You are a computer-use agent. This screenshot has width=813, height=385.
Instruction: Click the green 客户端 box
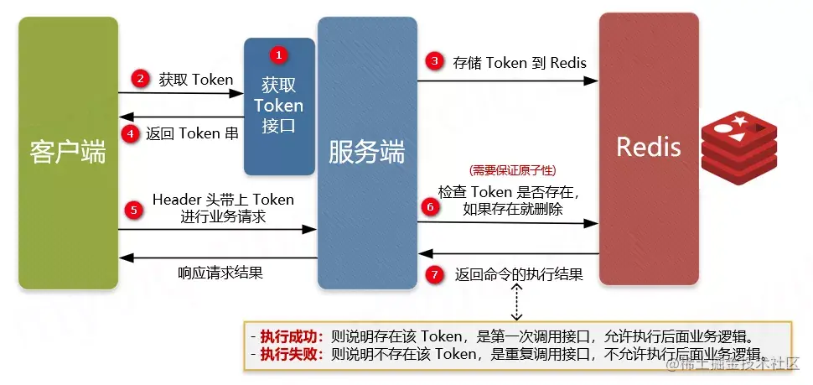pos(67,153)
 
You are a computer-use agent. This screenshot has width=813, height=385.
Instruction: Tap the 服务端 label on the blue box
pos(366,153)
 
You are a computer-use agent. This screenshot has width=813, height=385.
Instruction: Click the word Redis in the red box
pos(648,147)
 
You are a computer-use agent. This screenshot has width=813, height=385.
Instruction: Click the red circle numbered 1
pos(279,55)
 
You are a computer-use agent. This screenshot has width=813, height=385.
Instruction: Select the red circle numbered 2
pos(140,79)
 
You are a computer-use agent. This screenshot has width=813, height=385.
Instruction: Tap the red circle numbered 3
pos(433,61)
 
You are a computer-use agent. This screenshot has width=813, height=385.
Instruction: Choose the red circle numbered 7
pos(433,273)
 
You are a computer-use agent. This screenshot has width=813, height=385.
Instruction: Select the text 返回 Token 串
pos(192,133)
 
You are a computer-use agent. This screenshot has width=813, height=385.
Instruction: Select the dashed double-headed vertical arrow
pos(517,299)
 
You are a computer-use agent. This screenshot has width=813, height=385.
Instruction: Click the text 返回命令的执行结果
pos(519,274)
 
